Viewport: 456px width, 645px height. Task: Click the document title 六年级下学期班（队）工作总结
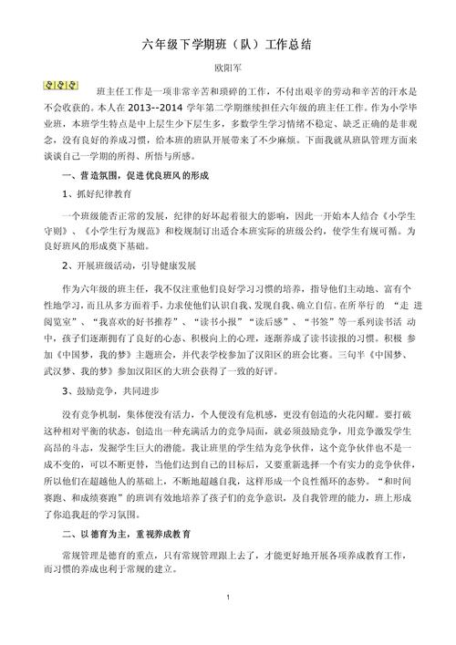click(227, 45)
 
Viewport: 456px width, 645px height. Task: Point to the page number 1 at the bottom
click(227, 620)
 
